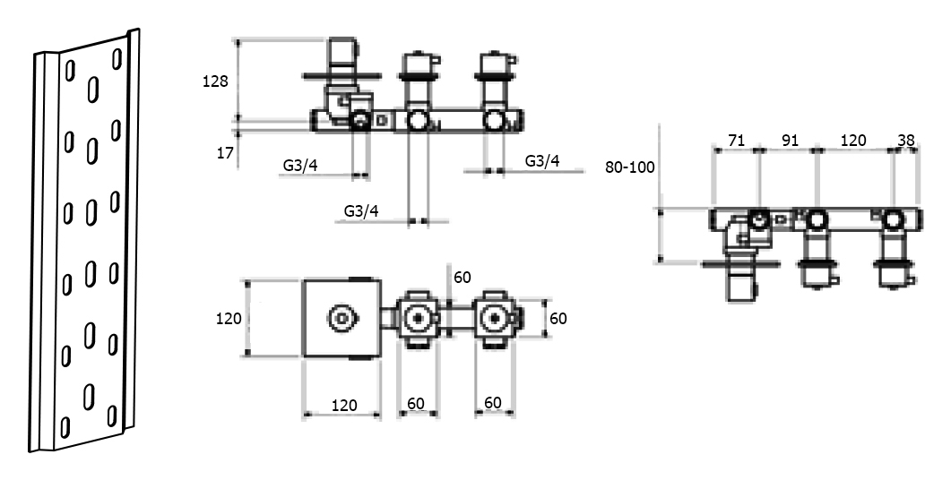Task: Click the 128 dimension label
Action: click(216, 81)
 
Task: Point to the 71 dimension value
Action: click(737, 141)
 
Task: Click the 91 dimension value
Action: click(789, 141)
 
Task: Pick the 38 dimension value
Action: click(906, 141)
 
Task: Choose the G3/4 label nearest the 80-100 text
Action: click(542, 161)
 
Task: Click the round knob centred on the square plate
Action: click(342, 318)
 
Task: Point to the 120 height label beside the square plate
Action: click(229, 317)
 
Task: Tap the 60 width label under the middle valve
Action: click(416, 403)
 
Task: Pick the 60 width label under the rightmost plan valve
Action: click(492, 403)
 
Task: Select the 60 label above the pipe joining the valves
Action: click(462, 278)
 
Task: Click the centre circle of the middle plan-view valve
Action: click(417, 318)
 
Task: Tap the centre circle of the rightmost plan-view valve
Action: click(493, 318)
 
